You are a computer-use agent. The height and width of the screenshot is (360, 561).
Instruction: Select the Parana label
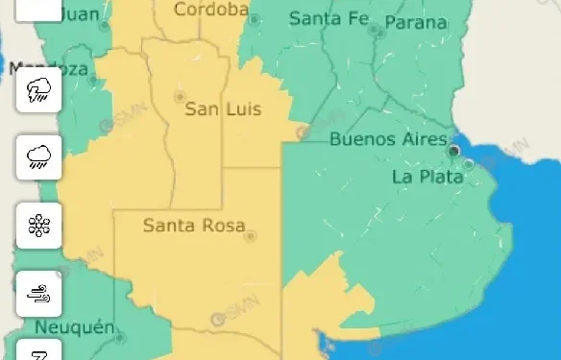pyautogui.click(x=415, y=23)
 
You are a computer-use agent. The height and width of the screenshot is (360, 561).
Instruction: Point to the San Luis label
pyautogui.click(x=223, y=109)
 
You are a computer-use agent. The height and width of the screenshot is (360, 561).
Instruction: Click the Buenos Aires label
pyautogui.click(x=388, y=139)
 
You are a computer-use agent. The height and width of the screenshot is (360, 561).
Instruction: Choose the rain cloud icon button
pyautogui.click(x=39, y=157)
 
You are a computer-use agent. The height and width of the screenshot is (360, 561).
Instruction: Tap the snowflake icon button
pyautogui.click(x=39, y=226)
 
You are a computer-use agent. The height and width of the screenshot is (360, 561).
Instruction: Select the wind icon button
pyautogui.click(x=39, y=293)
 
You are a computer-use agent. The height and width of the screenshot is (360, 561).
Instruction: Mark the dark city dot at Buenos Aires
pyautogui.click(x=454, y=151)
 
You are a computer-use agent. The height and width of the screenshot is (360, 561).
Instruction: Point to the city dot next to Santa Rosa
pyautogui.click(x=251, y=235)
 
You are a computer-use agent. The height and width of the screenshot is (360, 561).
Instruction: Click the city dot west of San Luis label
pyautogui.click(x=179, y=96)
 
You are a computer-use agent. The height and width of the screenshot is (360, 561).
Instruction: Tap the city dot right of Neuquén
pyautogui.click(x=120, y=337)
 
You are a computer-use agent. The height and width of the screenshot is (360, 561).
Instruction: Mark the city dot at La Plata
pyautogui.click(x=468, y=164)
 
